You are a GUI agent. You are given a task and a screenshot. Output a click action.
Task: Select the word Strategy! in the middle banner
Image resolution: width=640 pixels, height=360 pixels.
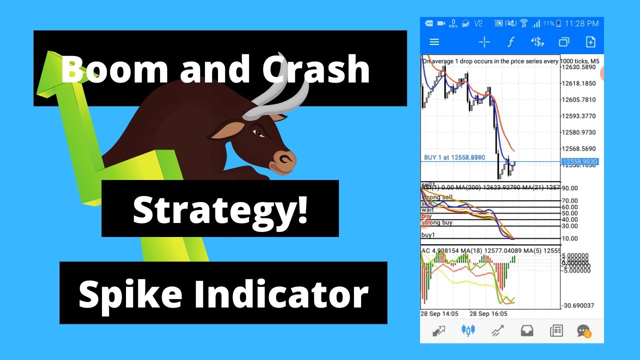[x=220, y=209]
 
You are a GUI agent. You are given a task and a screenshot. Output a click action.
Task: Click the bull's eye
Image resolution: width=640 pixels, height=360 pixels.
[x=258, y=133]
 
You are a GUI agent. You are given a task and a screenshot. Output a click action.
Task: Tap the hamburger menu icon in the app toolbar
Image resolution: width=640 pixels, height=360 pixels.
[x=434, y=42]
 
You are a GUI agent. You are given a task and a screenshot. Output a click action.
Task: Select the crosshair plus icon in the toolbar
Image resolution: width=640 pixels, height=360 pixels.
[x=484, y=42]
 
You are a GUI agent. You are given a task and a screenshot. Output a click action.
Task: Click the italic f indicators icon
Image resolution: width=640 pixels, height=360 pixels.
[x=510, y=42]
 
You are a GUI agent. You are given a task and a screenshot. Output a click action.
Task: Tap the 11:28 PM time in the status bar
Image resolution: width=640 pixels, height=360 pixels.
[x=581, y=23]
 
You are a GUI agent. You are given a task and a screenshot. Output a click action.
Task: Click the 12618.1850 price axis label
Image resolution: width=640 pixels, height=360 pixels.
[x=578, y=83]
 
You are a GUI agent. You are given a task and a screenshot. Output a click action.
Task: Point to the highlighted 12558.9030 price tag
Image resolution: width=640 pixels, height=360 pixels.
[x=579, y=162]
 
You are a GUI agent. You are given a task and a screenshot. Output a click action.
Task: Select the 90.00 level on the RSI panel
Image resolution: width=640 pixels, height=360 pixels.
[x=569, y=188]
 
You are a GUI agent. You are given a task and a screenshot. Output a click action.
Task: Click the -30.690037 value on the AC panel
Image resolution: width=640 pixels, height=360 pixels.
[x=578, y=305]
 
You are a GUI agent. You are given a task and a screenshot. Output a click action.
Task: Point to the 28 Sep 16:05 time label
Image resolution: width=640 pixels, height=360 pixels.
[x=488, y=313]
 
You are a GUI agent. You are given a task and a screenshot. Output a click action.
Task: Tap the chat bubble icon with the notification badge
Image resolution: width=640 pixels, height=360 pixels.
[x=583, y=330]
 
